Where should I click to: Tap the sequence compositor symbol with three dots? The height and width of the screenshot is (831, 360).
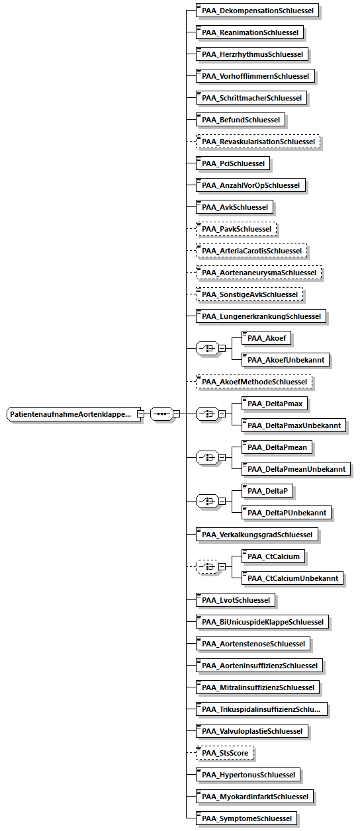click(x=161, y=414)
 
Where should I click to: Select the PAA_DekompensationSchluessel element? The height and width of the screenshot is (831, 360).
click(x=257, y=11)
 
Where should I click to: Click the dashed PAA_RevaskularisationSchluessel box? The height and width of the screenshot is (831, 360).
click(x=258, y=142)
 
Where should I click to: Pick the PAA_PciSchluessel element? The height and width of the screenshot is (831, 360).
click(x=233, y=163)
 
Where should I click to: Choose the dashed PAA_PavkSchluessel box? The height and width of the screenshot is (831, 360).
click(x=236, y=229)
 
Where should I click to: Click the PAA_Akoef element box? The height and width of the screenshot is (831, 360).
click(x=266, y=338)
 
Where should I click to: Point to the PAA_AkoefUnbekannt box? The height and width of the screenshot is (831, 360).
click(x=285, y=360)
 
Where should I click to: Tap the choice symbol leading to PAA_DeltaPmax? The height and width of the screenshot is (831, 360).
click(x=207, y=414)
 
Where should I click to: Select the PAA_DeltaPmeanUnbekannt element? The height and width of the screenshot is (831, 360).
click(x=296, y=469)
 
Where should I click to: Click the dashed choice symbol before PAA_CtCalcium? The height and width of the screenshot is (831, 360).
click(x=207, y=566)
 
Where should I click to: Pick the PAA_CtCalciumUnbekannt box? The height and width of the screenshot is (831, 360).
click(x=292, y=578)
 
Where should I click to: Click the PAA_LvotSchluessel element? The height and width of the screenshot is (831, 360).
click(x=236, y=600)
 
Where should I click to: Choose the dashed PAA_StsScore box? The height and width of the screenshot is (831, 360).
click(x=224, y=753)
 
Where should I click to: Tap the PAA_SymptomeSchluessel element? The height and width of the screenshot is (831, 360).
click(x=246, y=818)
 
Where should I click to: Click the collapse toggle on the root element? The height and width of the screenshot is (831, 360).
click(x=141, y=414)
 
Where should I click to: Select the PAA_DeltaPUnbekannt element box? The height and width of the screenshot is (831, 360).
click(x=287, y=513)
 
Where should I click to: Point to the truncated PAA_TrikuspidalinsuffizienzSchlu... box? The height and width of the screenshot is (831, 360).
click(x=261, y=709)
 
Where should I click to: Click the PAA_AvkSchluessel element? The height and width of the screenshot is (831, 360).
click(x=234, y=207)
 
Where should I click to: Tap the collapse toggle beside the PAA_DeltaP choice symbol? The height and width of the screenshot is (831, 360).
click(x=222, y=502)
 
